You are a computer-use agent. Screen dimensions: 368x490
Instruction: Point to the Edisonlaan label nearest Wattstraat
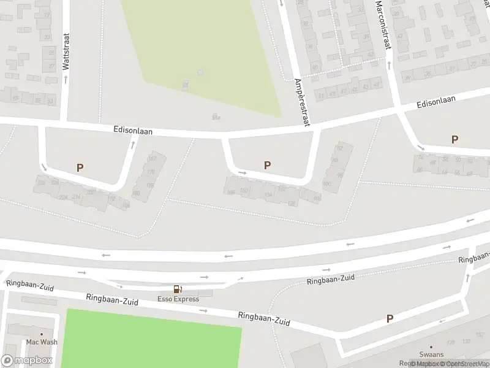[x=133, y=131]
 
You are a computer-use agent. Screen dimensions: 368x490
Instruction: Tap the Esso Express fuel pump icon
[x=178, y=289]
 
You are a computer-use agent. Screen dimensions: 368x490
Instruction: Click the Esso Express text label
[x=179, y=299]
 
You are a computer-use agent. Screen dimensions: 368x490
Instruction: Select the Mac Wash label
[x=42, y=342]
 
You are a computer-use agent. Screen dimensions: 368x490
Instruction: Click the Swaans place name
[x=431, y=355]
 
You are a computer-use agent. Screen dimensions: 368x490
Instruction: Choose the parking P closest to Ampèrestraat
[x=267, y=165]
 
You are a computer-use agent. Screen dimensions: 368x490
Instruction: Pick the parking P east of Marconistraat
[x=454, y=140]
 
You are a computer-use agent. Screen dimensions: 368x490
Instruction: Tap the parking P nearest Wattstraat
[x=80, y=167]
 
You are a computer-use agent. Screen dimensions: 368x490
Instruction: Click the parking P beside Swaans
[x=390, y=318]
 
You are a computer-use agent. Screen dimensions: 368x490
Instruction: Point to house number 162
[x=153, y=159]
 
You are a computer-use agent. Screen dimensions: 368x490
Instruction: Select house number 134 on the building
[x=268, y=195]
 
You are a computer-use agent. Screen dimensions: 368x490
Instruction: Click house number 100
[x=326, y=183]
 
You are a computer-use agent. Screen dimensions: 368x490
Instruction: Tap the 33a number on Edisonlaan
[x=215, y=117]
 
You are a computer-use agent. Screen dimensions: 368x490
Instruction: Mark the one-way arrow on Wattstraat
[x=66, y=79]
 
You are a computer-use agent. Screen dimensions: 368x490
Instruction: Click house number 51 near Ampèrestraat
[x=320, y=96]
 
